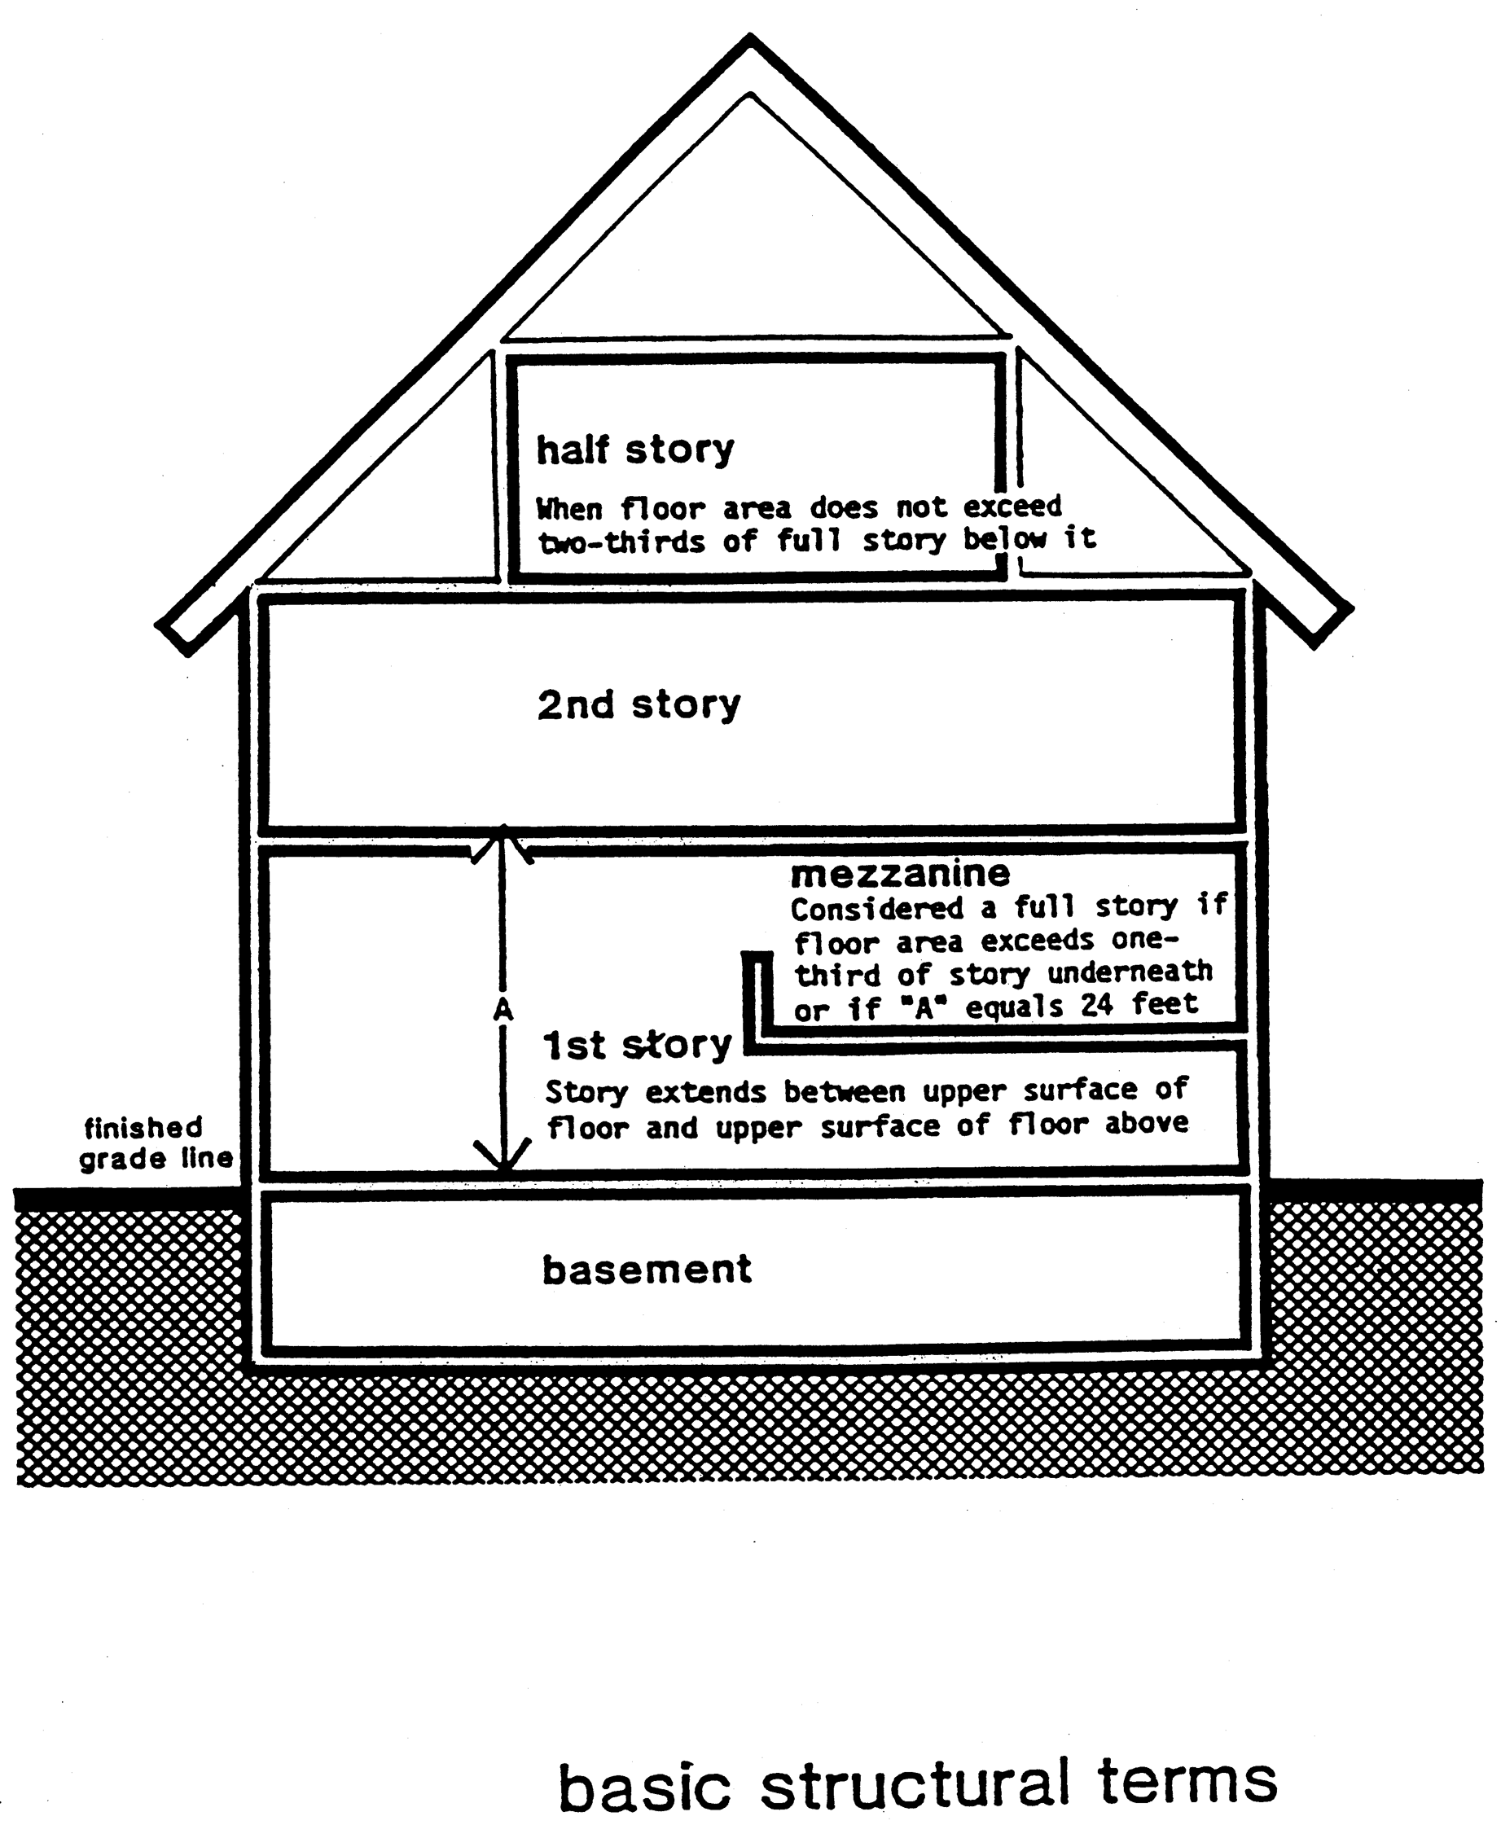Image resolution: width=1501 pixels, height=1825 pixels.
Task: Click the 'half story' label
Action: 635,450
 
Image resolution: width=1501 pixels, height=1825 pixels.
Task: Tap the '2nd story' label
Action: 639,704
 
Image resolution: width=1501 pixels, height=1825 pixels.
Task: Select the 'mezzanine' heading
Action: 900,873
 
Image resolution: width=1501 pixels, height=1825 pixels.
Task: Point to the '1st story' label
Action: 637,1046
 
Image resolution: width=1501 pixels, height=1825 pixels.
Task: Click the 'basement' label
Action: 647,1270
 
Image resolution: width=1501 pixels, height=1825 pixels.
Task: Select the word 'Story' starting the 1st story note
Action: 586,1092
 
